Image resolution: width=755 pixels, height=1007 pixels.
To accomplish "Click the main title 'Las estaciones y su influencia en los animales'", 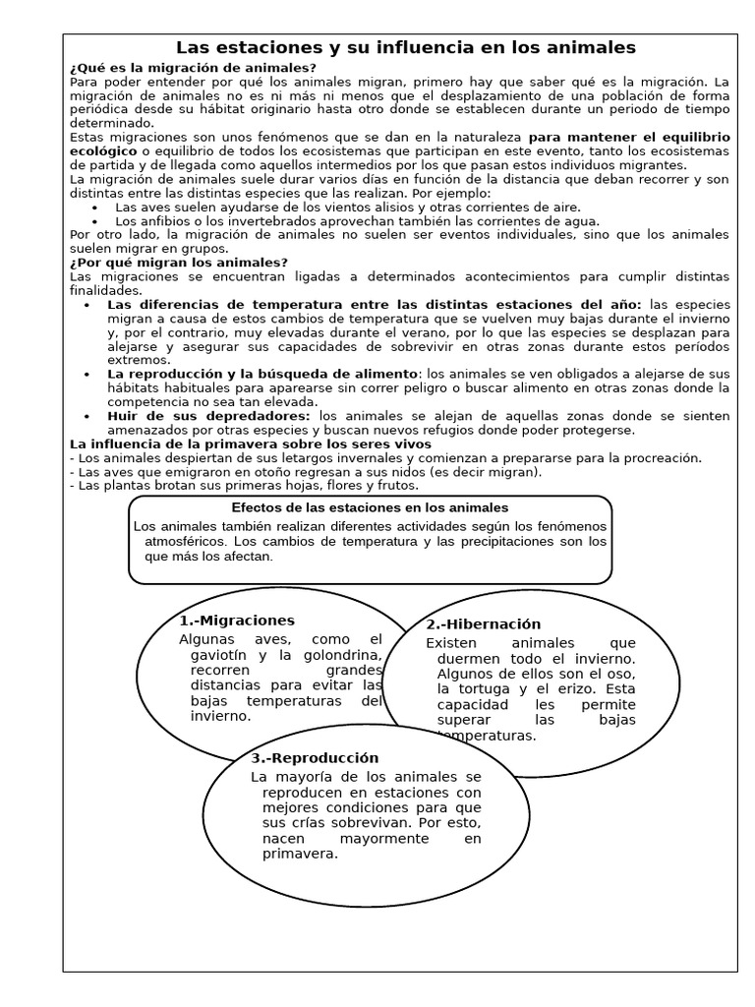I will click(x=405, y=47).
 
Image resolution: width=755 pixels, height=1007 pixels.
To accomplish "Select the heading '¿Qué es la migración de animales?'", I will click(x=194, y=67).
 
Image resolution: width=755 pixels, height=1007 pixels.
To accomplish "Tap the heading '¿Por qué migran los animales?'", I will click(x=180, y=263).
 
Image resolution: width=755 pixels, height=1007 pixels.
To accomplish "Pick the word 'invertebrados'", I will click(x=253, y=221).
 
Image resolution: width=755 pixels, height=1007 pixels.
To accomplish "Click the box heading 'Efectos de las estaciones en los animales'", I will click(x=370, y=507).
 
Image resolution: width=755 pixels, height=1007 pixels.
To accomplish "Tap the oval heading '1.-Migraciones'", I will click(x=237, y=621).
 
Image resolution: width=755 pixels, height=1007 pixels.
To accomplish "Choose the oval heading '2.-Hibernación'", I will click(x=484, y=624).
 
